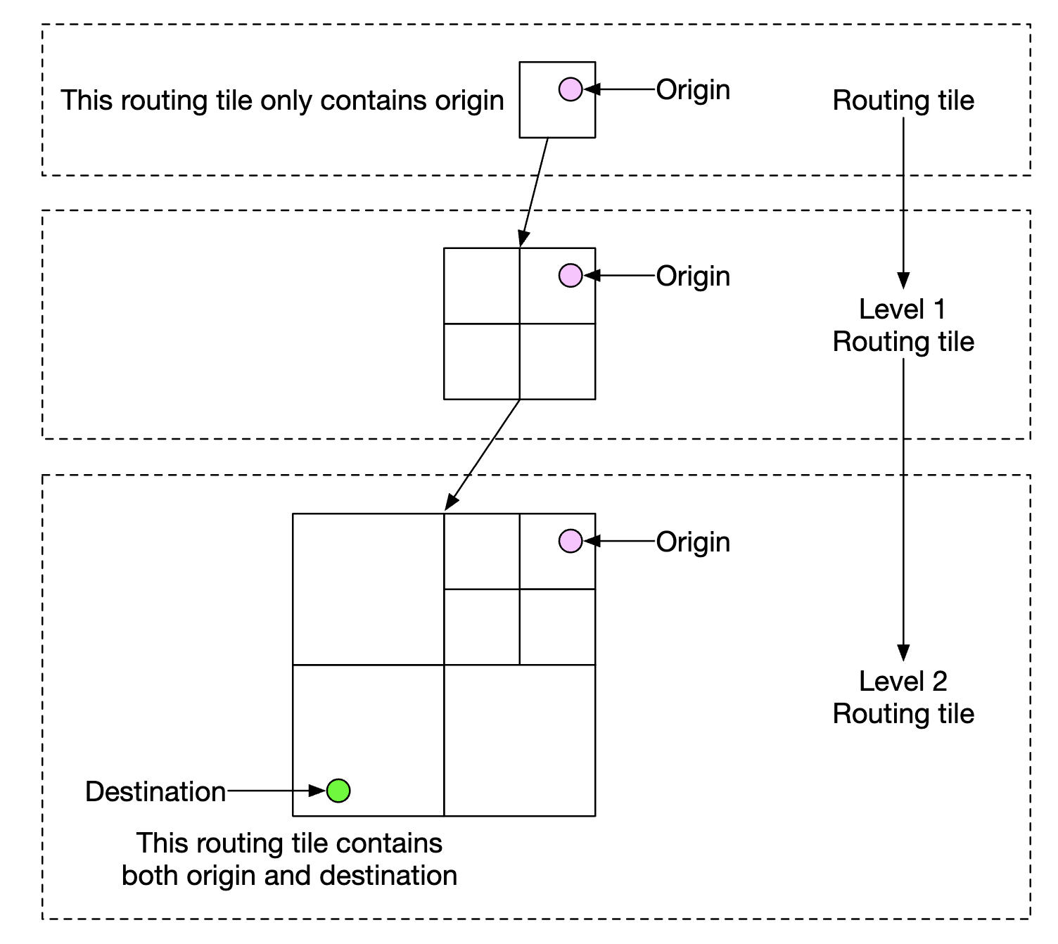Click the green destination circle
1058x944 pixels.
tap(338, 791)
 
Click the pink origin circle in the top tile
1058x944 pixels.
tap(571, 89)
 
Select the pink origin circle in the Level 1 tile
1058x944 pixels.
tap(571, 276)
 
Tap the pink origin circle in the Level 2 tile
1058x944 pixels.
tap(571, 541)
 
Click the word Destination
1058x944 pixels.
tap(155, 792)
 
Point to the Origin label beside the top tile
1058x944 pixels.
tap(693, 90)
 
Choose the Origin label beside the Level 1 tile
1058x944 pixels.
tap(693, 276)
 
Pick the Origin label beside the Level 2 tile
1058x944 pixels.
tap(693, 542)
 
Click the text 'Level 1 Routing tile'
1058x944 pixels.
tap(903, 326)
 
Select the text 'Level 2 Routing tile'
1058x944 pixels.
tap(903, 697)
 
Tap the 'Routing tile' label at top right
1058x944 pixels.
tap(903, 101)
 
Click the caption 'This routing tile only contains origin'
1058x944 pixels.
tap(282, 101)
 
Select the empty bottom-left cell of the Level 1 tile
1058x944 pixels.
tap(482, 362)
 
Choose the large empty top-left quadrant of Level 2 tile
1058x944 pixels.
tap(368, 589)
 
